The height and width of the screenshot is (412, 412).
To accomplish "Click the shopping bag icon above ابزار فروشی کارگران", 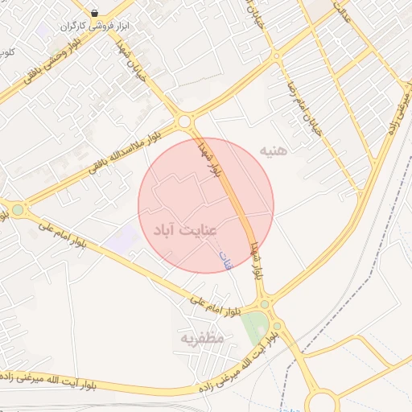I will (x=95, y=13).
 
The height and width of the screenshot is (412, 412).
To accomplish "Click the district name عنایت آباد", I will (x=185, y=230).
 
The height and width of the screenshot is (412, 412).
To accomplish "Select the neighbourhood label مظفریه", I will (x=201, y=338).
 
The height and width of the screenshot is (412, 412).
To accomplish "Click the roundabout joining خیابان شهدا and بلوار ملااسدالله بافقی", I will (x=186, y=122).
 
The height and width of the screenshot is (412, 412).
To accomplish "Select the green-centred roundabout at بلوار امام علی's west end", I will (x=17, y=211).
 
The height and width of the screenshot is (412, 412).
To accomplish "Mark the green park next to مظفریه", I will (x=255, y=326).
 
